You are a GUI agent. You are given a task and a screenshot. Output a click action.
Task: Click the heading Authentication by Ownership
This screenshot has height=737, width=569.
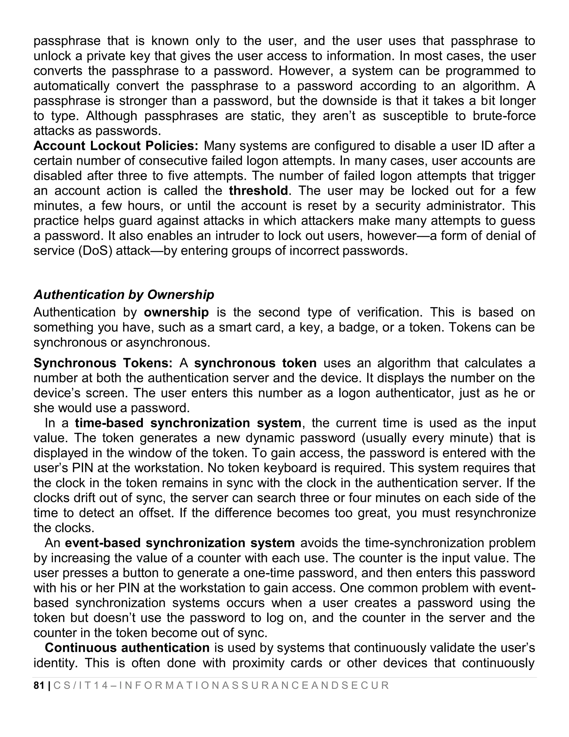point(124,295)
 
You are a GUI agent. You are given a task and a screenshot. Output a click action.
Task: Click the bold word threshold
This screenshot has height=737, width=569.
point(258,191)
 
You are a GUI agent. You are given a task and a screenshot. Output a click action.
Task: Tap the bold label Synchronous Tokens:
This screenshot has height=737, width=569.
point(103,363)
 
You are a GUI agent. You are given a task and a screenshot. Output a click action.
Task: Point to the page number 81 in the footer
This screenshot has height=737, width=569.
point(39,685)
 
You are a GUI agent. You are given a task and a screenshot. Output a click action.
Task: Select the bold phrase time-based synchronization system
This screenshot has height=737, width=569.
point(188,423)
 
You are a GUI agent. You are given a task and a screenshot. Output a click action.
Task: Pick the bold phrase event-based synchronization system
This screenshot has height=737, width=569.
point(180,543)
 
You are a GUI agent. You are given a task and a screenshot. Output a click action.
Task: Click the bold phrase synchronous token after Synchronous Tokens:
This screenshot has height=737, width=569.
point(255,363)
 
